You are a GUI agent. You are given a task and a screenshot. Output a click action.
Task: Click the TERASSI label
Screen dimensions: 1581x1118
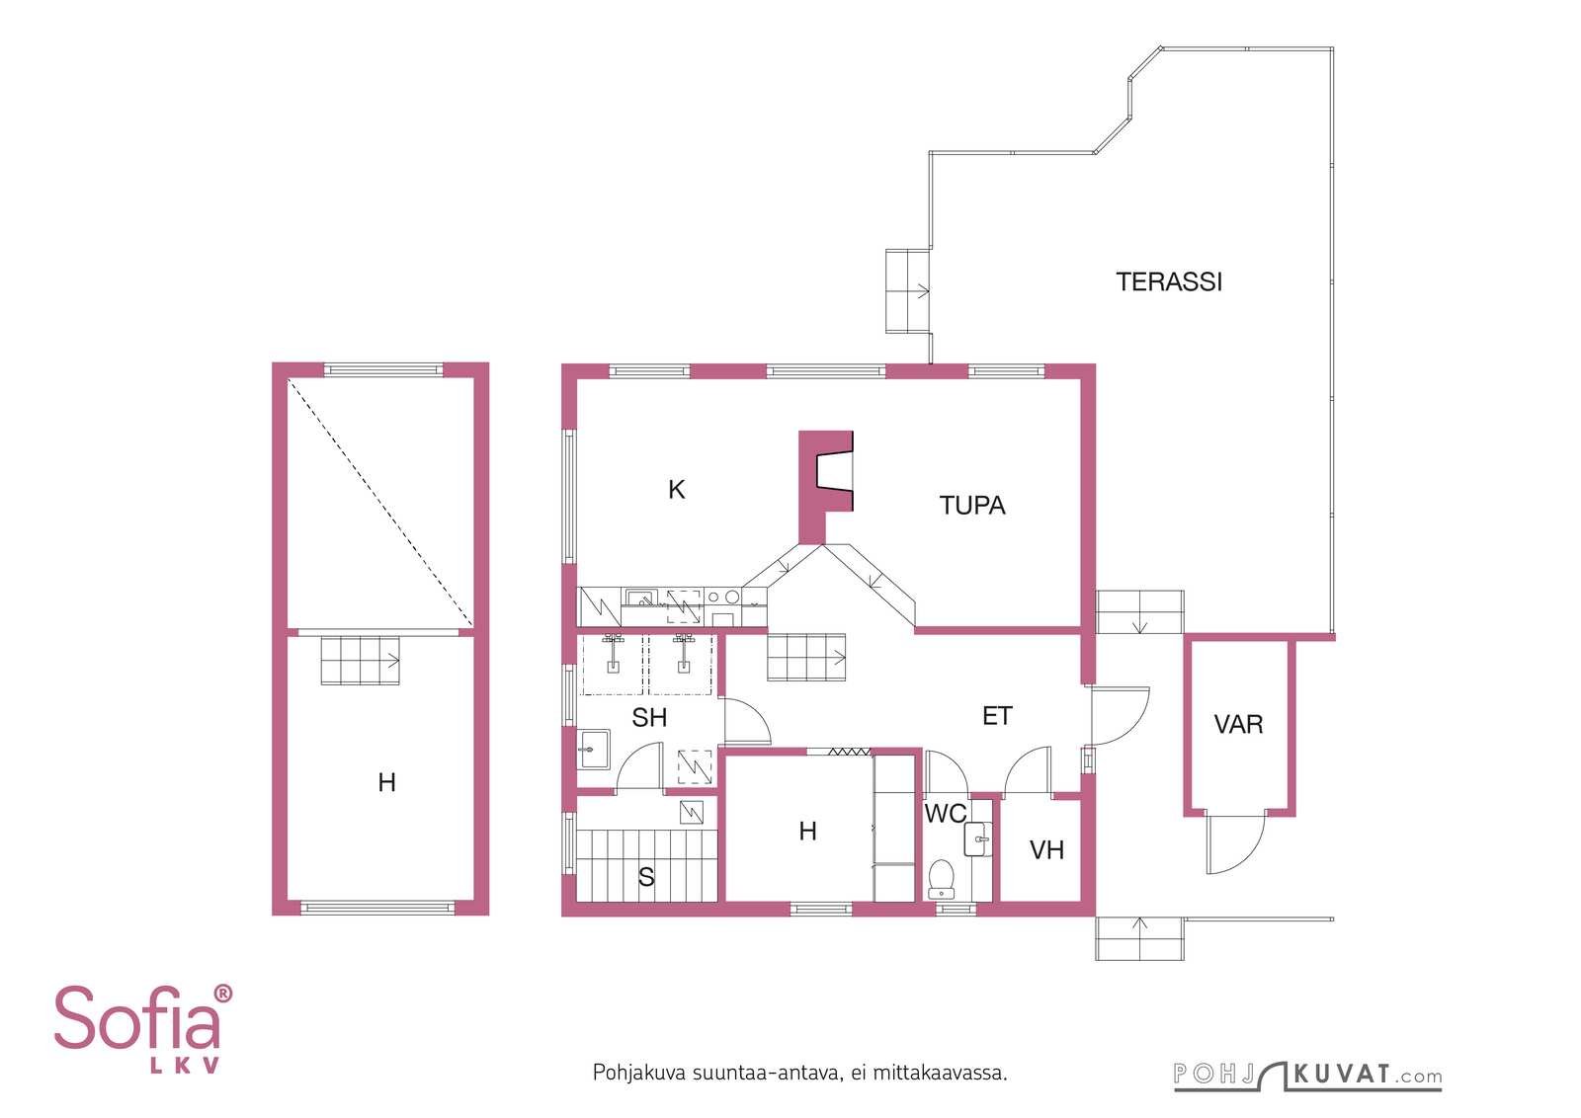(x=1169, y=282)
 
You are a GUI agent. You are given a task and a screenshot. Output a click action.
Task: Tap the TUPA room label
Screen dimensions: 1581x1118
(x=972, y=505)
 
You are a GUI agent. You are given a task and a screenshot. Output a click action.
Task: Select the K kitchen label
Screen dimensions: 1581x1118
(x=676, y=490)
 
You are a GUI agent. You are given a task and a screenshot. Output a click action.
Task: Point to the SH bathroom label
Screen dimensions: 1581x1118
(x=649, y=717)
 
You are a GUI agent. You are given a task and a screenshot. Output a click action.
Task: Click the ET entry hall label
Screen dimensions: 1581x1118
(x=997, y=716)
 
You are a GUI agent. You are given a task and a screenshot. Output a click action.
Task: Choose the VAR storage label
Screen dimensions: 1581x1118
(x=1238, y=724)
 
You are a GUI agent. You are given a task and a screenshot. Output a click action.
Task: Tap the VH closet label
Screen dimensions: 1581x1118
(x=1046, y=850)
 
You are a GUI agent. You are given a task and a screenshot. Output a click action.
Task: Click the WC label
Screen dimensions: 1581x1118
(x=945, y=813)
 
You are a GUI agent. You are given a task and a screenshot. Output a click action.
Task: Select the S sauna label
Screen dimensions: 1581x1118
(x=646, y=877)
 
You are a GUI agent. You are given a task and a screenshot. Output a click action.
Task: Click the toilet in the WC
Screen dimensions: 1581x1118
(x=942, y=879)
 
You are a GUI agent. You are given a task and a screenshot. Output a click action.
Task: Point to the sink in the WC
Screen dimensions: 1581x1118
(x=978, y=839)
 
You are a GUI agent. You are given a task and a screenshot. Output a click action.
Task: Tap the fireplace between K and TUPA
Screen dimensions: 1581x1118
(x=825, y=487)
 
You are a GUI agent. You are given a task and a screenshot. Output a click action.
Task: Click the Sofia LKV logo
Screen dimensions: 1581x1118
(x=143, y=1029)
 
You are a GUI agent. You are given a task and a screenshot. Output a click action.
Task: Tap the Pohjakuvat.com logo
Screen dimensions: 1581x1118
(x=1307, y=1075)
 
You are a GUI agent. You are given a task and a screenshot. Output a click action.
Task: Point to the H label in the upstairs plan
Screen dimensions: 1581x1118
(x=386, y=782)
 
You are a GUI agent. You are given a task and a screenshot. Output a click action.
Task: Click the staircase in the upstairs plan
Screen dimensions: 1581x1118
(x=361, y=660)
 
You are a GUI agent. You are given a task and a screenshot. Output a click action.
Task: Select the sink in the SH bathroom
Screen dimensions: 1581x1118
(x=594, y=749)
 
